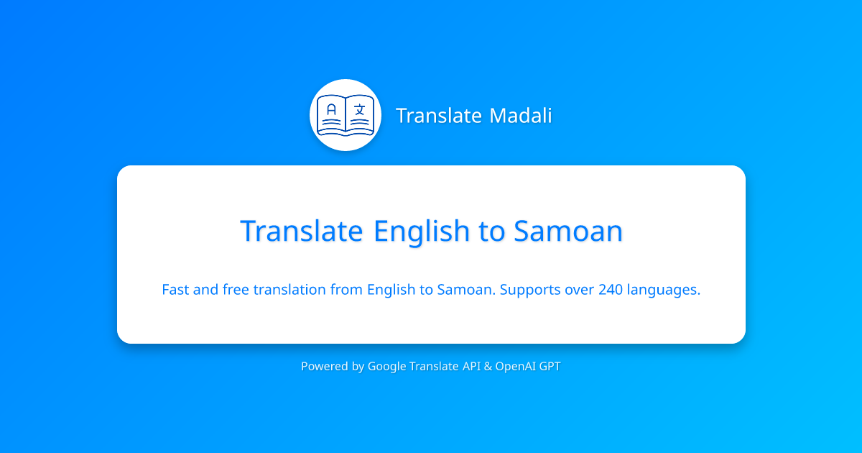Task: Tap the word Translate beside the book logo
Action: tap(439, 116)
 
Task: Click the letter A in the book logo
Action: tap(331, 111)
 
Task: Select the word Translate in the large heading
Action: tap(302, 232)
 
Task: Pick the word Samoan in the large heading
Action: tap(567, 232)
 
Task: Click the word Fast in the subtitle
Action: tap(176, 290)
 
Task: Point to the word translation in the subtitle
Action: tap(289, 290)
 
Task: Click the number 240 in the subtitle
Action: tap(611, 290)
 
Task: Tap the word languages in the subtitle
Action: tap(664, 290)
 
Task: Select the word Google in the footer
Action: tap(386, 367)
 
